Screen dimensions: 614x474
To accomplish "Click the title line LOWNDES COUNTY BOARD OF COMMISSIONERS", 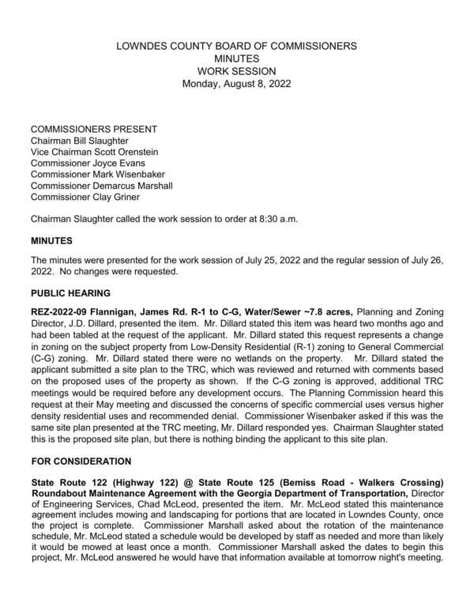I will coord(236,46).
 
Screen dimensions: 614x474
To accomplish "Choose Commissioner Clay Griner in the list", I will coord(85,197).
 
